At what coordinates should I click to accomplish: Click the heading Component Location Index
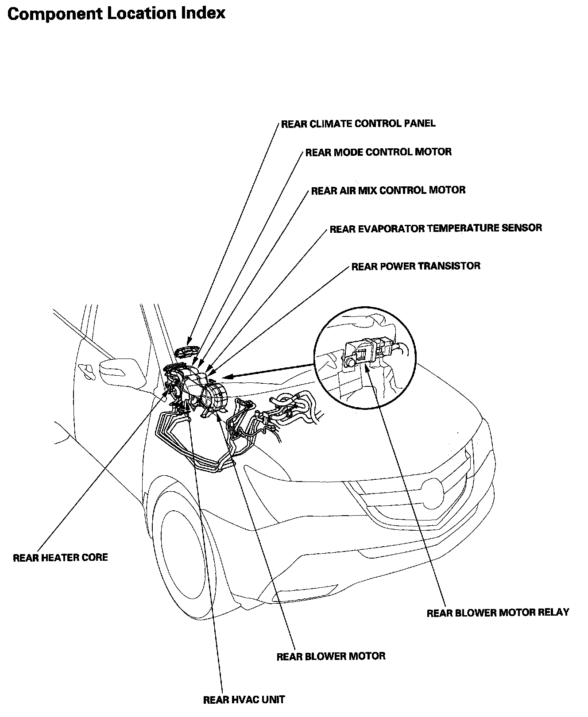click(x=116, y=13)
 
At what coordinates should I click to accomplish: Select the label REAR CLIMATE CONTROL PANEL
click(x=358, y=123)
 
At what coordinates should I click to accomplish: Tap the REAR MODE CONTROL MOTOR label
click(x=379, y=152)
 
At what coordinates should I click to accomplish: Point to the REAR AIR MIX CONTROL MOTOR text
click(x=388, y=190)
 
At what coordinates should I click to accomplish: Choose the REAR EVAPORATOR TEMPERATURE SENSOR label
click(x=436, y=228)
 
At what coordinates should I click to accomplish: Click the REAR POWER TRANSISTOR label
click(x=416, y=266)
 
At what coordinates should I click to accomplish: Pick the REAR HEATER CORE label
click(x=60, y=557)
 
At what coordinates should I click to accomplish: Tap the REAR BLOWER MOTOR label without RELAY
click(x=331, y=656)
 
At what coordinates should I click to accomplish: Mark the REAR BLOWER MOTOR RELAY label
click(x=498, y=613)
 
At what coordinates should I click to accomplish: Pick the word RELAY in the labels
click(x=553, y=613)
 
